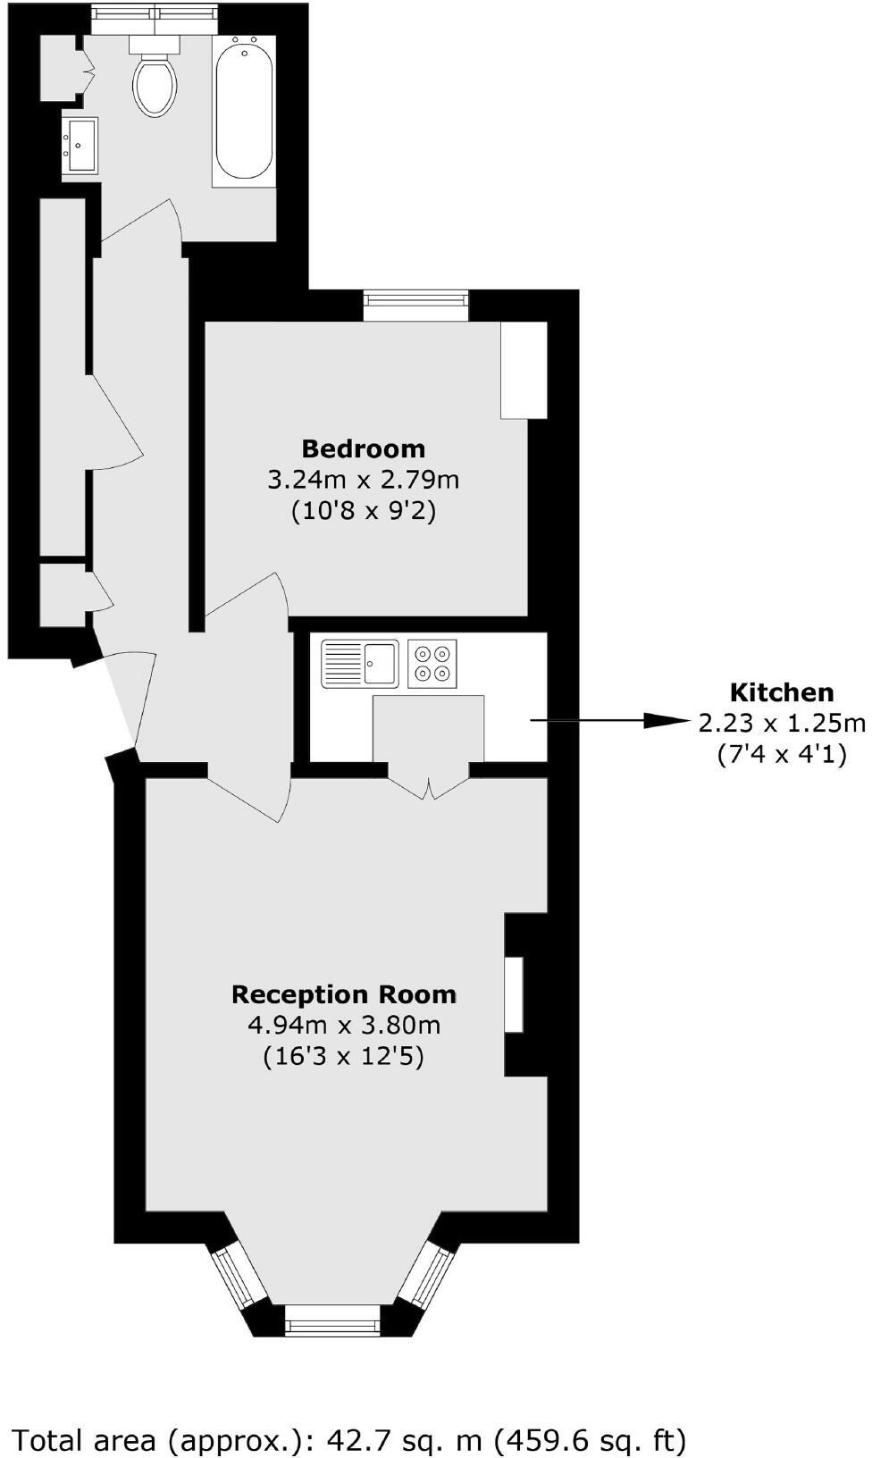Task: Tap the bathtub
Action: [244, 109]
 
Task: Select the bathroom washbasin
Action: [80, 145]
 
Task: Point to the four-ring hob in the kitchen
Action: [432, 663]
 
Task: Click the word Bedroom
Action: [363, 448]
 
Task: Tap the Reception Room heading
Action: [344, 994]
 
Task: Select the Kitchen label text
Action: [782, 692]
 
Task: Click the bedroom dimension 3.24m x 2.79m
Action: [363, 480]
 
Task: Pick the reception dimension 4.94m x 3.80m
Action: [344, 1025]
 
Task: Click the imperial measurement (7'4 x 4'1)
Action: [782, 754]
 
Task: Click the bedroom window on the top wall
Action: [416, 306]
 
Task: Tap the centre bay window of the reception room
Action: [332, 1320]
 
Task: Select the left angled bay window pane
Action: [239, 1278]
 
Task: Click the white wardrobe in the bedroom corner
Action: [523, 370]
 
